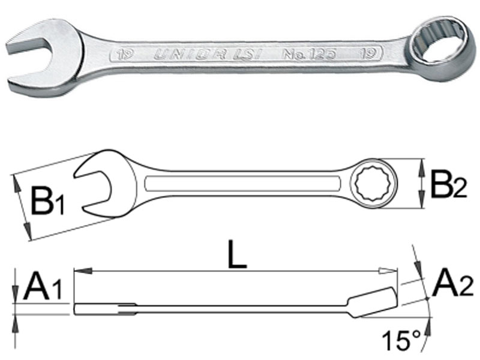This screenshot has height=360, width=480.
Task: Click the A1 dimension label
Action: pyautogui.click(x=43, y=287)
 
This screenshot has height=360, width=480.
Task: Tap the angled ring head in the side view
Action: pyautogui.click(x=375, y=301)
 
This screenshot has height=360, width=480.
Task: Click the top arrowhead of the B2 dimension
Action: pyautogui.click(x=424, y=163)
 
